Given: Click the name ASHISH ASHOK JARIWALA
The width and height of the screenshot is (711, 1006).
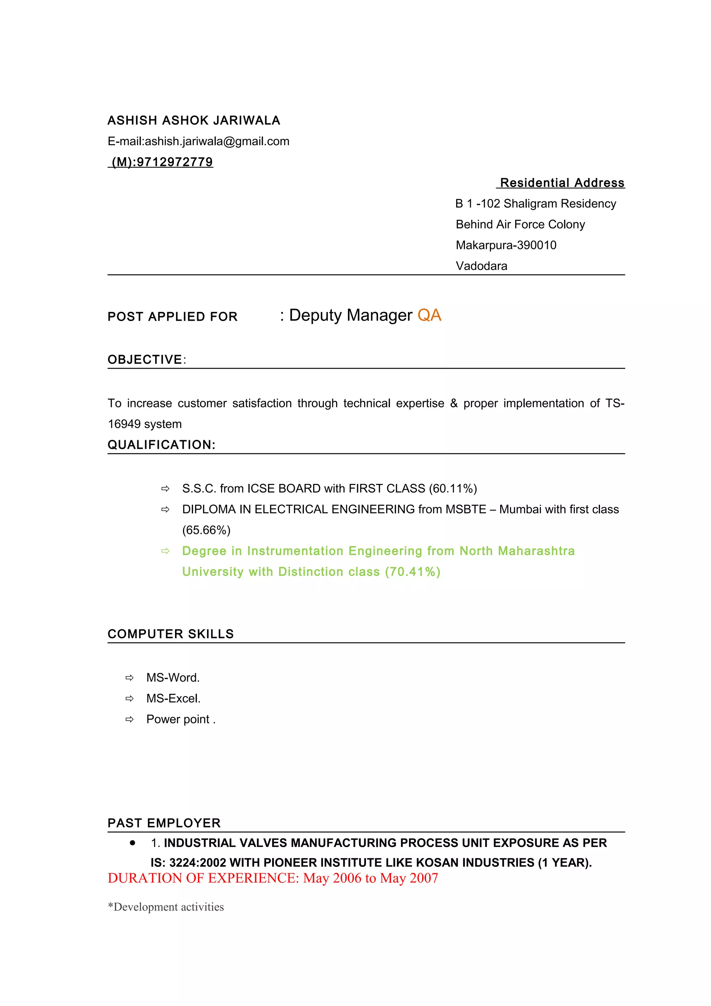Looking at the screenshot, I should coord(194,120).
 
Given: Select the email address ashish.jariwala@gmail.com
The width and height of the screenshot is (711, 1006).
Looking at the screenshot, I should coord(217,142).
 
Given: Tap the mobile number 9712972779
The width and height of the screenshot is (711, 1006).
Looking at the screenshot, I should coord(174,162).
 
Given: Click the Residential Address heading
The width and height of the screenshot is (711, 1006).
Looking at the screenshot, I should coord(562,183).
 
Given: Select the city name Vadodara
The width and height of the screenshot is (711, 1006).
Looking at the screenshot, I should coord(481,266).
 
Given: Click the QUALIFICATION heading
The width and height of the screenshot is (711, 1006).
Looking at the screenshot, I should coord(161,445).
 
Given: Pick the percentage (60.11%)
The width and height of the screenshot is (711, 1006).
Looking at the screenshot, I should coord(453,488).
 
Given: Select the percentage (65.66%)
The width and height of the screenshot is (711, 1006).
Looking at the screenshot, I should coord(206,530).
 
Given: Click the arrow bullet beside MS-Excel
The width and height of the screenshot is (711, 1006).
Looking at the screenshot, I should coord(129,699).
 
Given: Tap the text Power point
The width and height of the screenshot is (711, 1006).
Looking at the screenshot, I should coord(178,720).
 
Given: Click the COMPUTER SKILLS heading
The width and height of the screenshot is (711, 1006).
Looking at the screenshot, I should coord(170,634).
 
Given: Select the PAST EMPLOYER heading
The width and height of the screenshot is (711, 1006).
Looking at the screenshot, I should coord(164,823).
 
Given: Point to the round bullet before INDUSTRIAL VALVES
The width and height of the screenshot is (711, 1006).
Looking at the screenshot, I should coord(132,842).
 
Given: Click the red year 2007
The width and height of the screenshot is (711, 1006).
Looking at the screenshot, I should coord(424,878).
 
